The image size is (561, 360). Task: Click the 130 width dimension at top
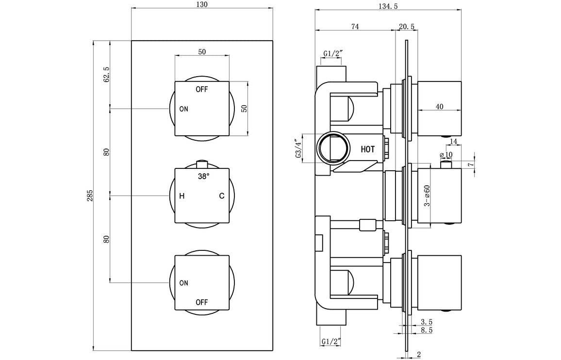point(202,5)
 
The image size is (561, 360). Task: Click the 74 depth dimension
point(354,27)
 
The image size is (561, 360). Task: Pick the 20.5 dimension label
point(407,27)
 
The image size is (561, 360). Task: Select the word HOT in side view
point(367,149)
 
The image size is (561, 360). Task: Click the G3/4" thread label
point(297,148)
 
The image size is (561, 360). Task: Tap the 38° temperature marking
point(203,177)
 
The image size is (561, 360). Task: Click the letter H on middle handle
point(182,196)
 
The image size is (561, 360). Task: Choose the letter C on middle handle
point(221,196)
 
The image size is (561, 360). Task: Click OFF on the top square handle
point(202,89)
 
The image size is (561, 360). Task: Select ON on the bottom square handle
point(183,283)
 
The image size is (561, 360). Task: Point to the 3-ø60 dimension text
point(427,196)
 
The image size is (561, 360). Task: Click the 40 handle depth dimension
point(440,107)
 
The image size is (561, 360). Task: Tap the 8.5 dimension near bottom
point(427,330)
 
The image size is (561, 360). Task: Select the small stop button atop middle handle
point(201,164)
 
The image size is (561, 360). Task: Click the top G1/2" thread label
point(333,54)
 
